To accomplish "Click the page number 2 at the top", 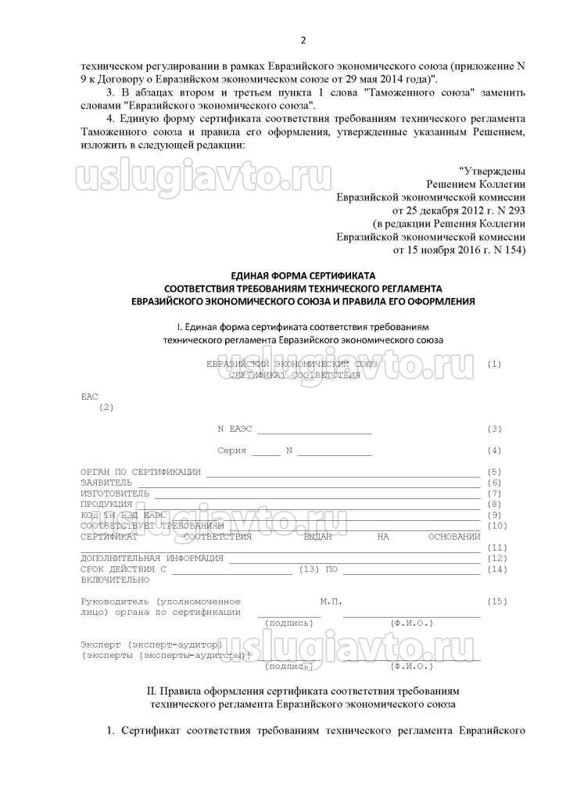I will point(303,40).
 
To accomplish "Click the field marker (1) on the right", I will point(493,365).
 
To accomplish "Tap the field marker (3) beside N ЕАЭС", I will point(493,429).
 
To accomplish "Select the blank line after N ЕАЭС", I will point(314,430).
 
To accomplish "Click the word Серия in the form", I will point(231,451).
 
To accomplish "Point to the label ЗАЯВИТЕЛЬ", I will point(107,483).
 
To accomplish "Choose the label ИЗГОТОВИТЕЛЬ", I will point(114,494).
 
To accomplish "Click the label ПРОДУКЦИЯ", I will point(106,505).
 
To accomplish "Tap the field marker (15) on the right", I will point(496,601).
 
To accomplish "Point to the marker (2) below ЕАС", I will point(106,407).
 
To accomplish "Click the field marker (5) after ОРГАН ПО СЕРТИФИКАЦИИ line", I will point(493,472).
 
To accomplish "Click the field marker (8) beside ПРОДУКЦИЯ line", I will point(493,505).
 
